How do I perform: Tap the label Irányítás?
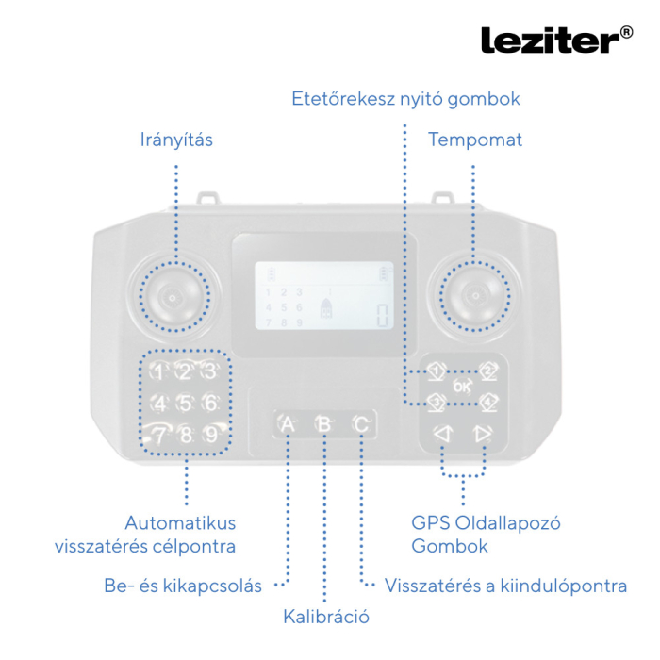pyautogui.click(x=176, y=140)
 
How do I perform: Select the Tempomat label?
pyautogui.click(x=474, y=140)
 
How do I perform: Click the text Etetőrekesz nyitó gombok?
pyautogui.click(x=405, y=98)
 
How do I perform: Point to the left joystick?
pyautogui.click(x=173, y=297)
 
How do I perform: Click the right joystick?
pyautogui.click(x=474, y=297)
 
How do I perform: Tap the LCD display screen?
pyautogui.click(x=322, y=295)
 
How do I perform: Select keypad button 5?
pyautogui.click(x=186, y=404)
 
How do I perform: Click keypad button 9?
pyautogui.click(x=211, y=435)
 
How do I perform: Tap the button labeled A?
pyautogui.click(x=288, y=424)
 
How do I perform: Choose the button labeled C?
pyautogui.click(x=360, y=424)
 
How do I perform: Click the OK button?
pyautogui.click(x=461, y=387)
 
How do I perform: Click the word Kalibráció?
pyautogui.click(x=325, y=618)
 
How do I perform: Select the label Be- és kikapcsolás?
pyautogui.click(x=183, y=586)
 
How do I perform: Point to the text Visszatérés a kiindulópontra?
pyautogui.click(x=505, y=586)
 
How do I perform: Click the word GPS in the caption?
pyautogui.click(x=431, y=523)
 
